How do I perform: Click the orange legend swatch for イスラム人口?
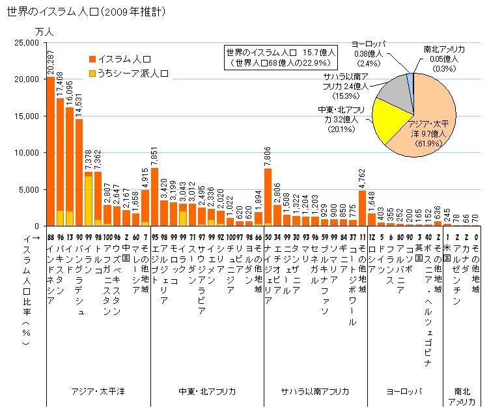coord(91,59)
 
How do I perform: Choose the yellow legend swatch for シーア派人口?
coord(91,74)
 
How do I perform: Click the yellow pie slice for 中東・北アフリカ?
coord(393,123)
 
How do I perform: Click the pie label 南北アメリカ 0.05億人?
coord(443,58)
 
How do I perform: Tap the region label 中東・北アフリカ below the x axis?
coord(207,392)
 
